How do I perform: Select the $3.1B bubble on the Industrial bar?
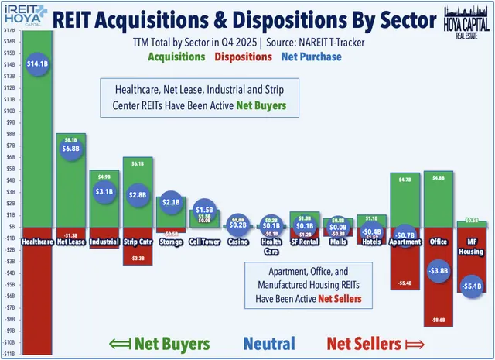pos(104,190)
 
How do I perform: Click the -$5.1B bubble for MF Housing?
pos(470,286)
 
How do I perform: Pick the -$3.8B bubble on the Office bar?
pos(437,270)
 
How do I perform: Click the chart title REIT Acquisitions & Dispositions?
pos(239,19)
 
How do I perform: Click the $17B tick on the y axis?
pos(9,29)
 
